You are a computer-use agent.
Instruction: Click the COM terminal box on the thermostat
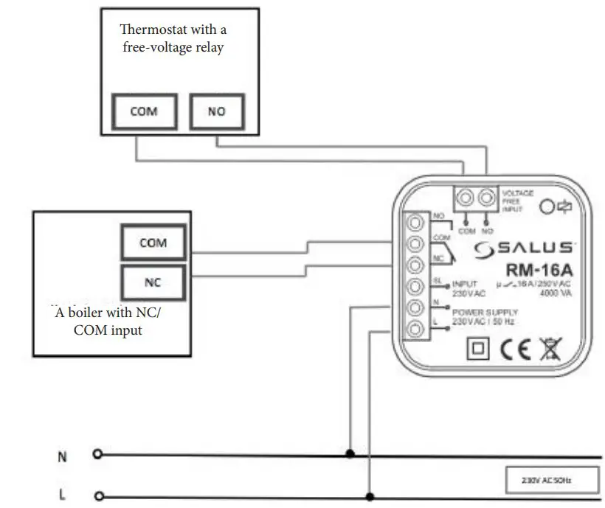pos(144,112)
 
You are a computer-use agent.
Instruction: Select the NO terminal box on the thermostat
pos(216,112)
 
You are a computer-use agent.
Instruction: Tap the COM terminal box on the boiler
pos(153,243)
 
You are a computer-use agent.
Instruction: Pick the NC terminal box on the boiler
pos(153,281)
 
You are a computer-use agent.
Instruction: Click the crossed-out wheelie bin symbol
pos(550,349)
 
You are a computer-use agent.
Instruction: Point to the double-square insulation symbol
pos(477,349)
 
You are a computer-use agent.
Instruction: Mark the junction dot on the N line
pos(349,456)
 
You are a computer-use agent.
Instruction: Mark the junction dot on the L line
pos(370,496)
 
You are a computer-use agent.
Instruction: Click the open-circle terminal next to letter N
pos(97,455)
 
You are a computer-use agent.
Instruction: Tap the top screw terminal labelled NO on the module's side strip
pos(415,221)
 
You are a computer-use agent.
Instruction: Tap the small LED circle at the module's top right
pos(547,207)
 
